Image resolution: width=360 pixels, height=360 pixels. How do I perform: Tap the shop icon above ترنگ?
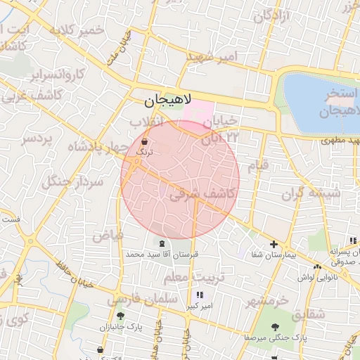coord(144,141)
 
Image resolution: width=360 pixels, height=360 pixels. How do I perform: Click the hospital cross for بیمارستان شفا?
coord(274,244)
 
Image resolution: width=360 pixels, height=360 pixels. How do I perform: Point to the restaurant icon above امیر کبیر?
coord(200,295)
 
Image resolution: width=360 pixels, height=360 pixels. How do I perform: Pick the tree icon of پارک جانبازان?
coord(120,316)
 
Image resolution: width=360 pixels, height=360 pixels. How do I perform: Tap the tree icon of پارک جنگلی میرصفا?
coord(274,327)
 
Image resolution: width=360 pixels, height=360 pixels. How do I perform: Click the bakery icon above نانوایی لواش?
coord(318,266)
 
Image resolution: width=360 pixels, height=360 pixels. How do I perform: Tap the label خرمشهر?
coord(267,300)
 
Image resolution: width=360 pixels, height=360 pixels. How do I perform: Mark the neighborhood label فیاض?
coord(107,233)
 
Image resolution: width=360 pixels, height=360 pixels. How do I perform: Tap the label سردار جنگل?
coord(72,183)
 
